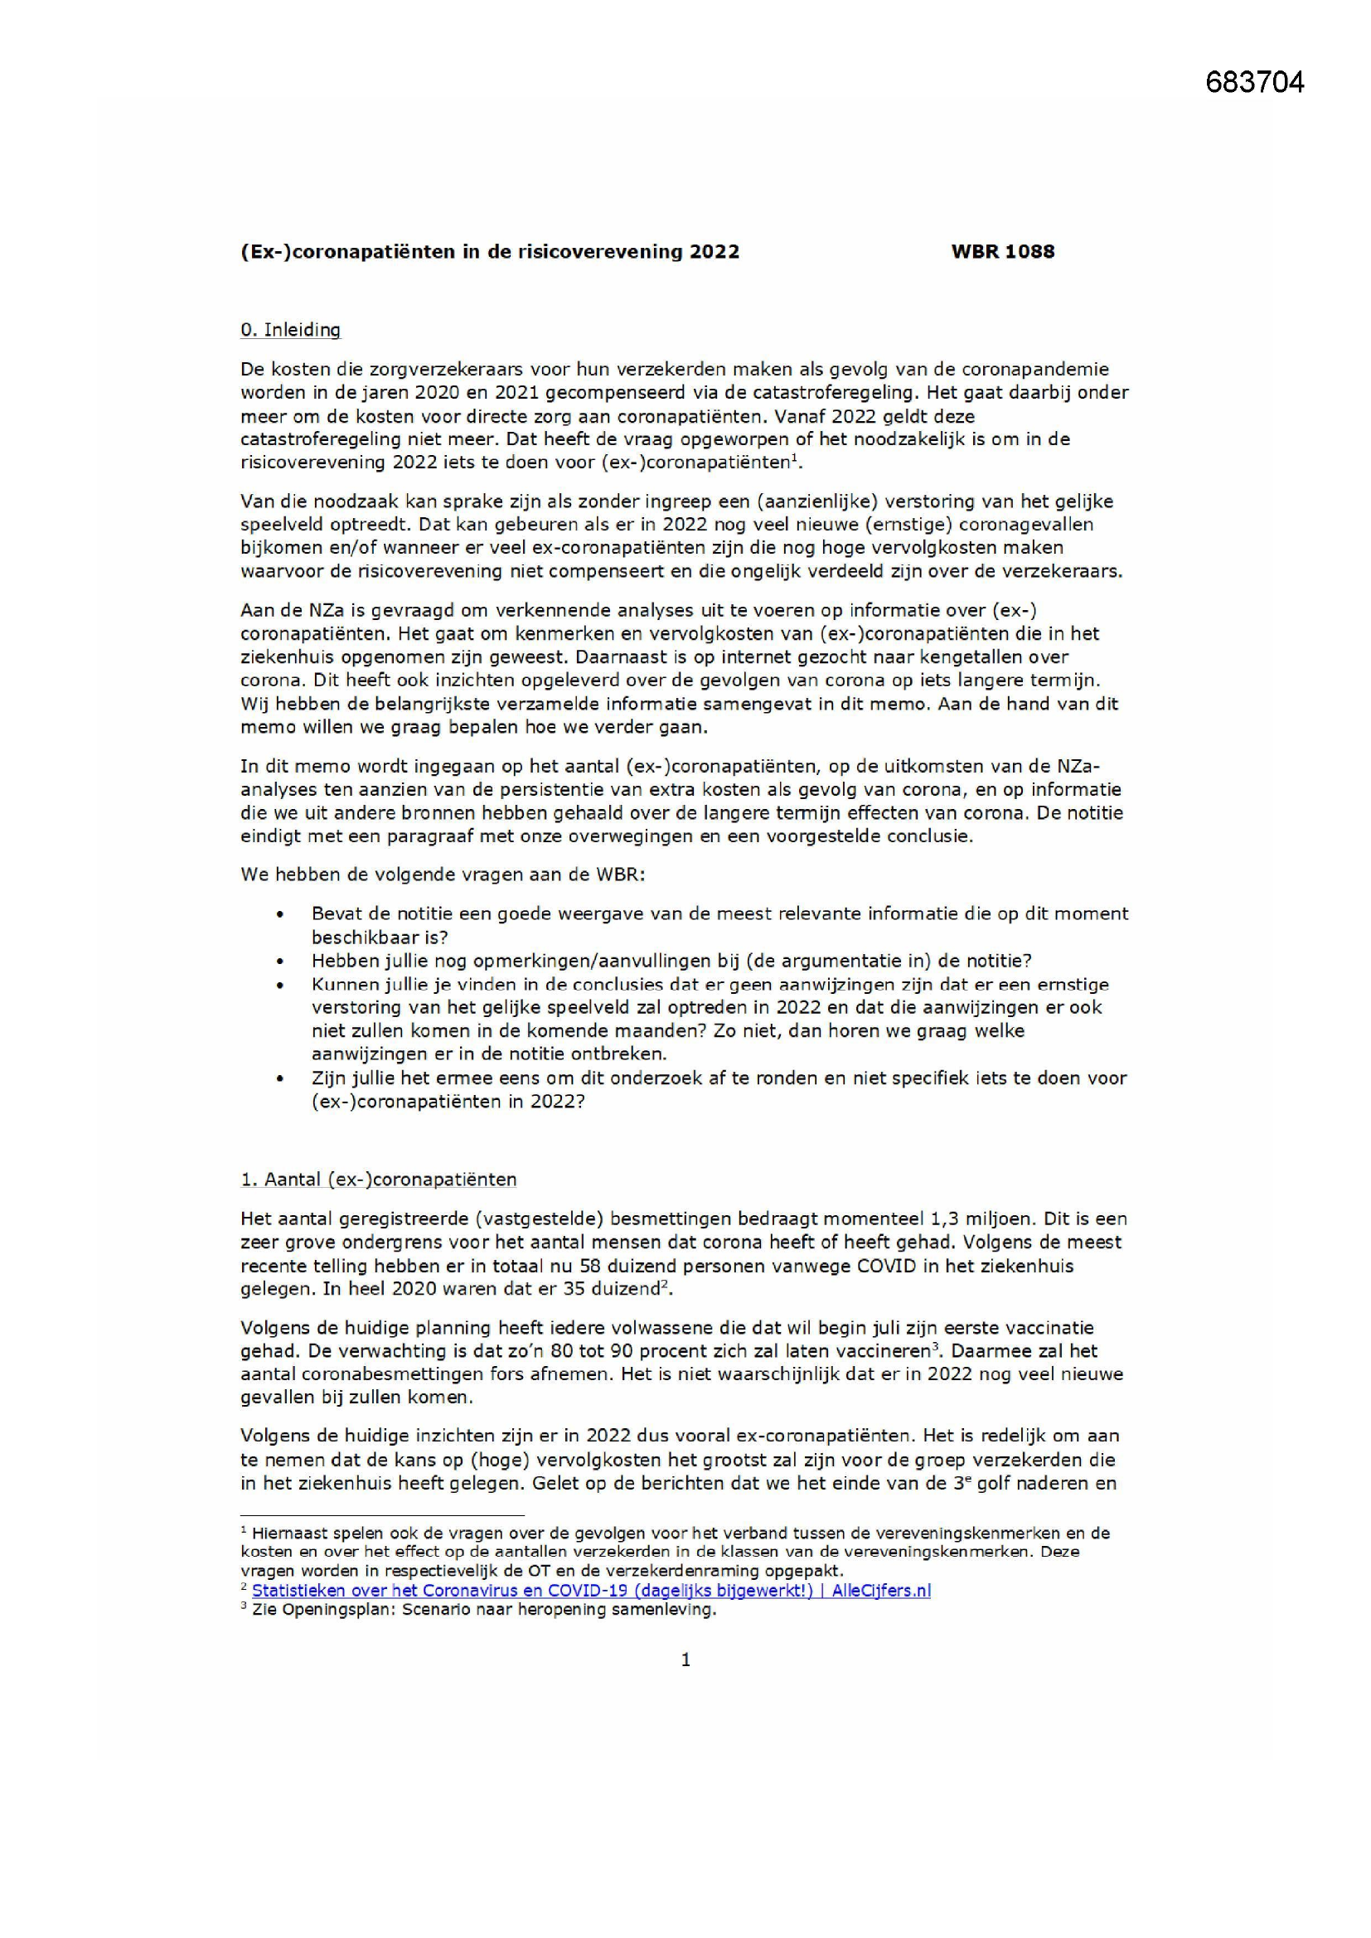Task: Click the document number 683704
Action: (1254, 83)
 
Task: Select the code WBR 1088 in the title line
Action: (1002, 251)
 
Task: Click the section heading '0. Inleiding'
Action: (290, 330)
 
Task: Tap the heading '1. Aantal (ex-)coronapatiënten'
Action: (378, 1180)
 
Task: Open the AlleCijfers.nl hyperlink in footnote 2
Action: (591, 1590)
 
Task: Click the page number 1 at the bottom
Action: (685, 1660)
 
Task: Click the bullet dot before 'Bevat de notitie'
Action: (280, 914)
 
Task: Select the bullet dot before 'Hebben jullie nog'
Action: (280, 962)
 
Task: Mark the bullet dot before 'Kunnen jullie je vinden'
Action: (280, 985)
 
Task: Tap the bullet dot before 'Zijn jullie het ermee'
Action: (280, 1078)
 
